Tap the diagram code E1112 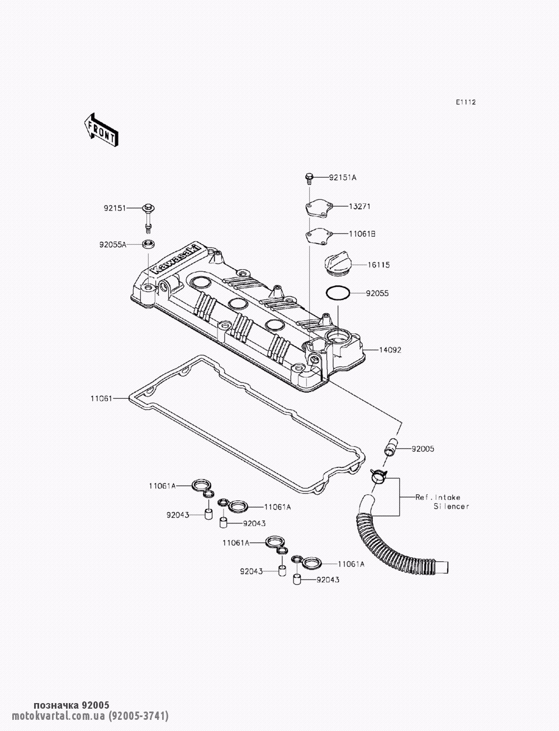[x=466, y=102]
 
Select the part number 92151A [x=343, y=178]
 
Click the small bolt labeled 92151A [x=309, y=178]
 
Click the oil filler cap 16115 [x=337, y=265]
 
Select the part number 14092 [x=390, y=350]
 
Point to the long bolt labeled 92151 [x=148, y=218]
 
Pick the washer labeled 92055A [x=148, y=244]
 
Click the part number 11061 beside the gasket [x=101, y=398]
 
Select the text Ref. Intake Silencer [x=442, y=502]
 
